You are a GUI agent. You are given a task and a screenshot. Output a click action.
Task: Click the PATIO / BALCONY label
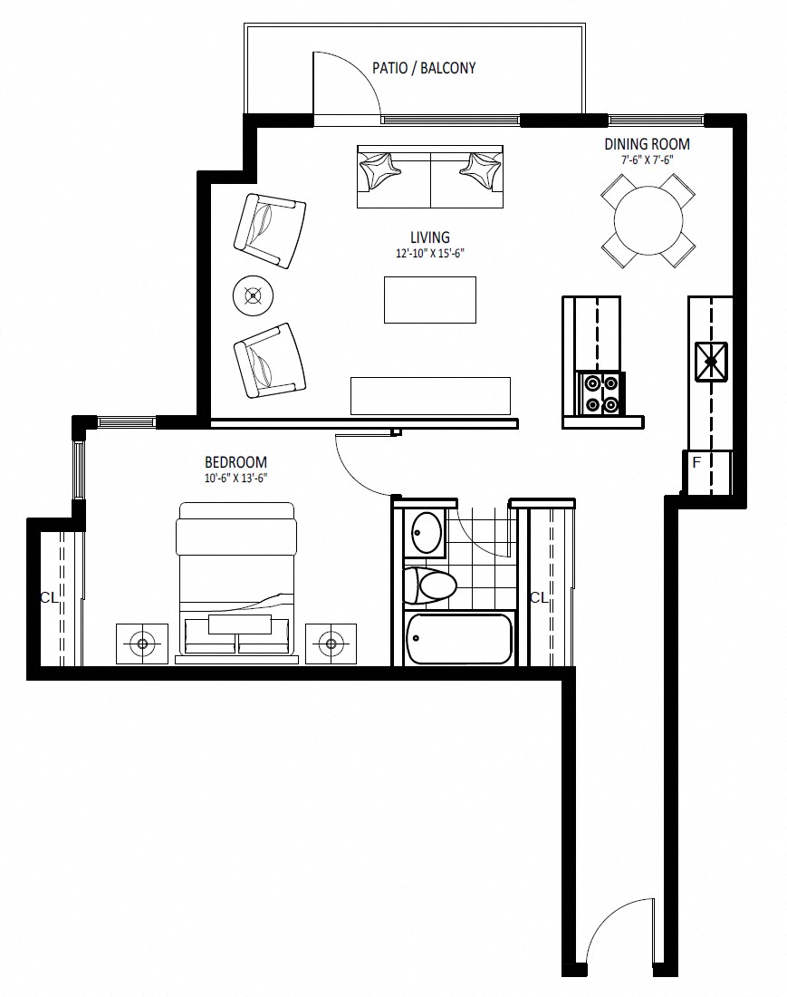point(424,68)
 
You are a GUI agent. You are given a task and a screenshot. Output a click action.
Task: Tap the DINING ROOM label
point(647,144)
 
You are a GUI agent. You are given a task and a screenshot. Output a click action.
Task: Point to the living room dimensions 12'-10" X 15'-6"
point(430,253)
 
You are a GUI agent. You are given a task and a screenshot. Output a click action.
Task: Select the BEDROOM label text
point(235,462)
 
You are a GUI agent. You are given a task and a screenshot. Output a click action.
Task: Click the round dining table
point(648,220)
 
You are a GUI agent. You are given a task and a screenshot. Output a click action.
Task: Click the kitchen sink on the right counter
point(712,362)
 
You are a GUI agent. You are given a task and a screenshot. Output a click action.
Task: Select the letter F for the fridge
point(696,462)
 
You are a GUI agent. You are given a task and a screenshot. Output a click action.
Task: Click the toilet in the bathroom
point(430,585)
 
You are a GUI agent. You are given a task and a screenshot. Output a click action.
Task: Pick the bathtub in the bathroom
point(458,639)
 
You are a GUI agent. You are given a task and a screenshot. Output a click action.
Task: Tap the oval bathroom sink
point(427,534)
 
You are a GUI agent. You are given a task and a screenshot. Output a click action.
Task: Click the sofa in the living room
point(430,177)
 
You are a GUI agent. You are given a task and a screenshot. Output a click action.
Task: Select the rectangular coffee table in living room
point(430,299)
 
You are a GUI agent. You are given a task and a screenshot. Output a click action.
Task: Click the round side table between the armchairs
point(254,295)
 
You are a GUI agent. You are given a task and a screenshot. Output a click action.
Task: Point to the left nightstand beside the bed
point(142,644)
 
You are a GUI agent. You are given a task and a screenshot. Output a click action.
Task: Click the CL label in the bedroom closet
point(49,597)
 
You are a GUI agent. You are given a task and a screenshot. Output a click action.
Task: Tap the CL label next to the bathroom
point(539,597)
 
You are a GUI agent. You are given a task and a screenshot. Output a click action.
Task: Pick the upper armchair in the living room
point(270,230)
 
